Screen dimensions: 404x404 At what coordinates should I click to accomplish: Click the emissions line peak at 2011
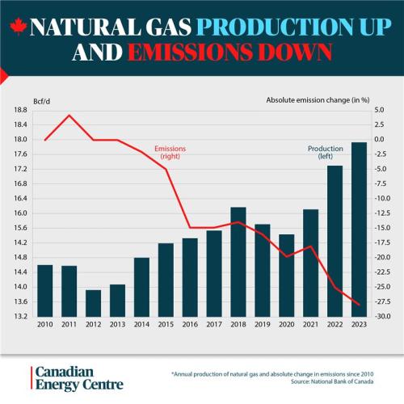(69, 115)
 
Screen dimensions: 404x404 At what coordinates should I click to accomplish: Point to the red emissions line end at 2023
(358, 305)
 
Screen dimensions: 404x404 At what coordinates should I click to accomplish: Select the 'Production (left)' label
(325, 152)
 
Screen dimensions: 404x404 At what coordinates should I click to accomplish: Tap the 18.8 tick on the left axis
(19, 110)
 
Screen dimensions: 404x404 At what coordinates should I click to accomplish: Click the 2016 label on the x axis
(190, 325)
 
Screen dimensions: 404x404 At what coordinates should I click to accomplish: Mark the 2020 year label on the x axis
(286, 325)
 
